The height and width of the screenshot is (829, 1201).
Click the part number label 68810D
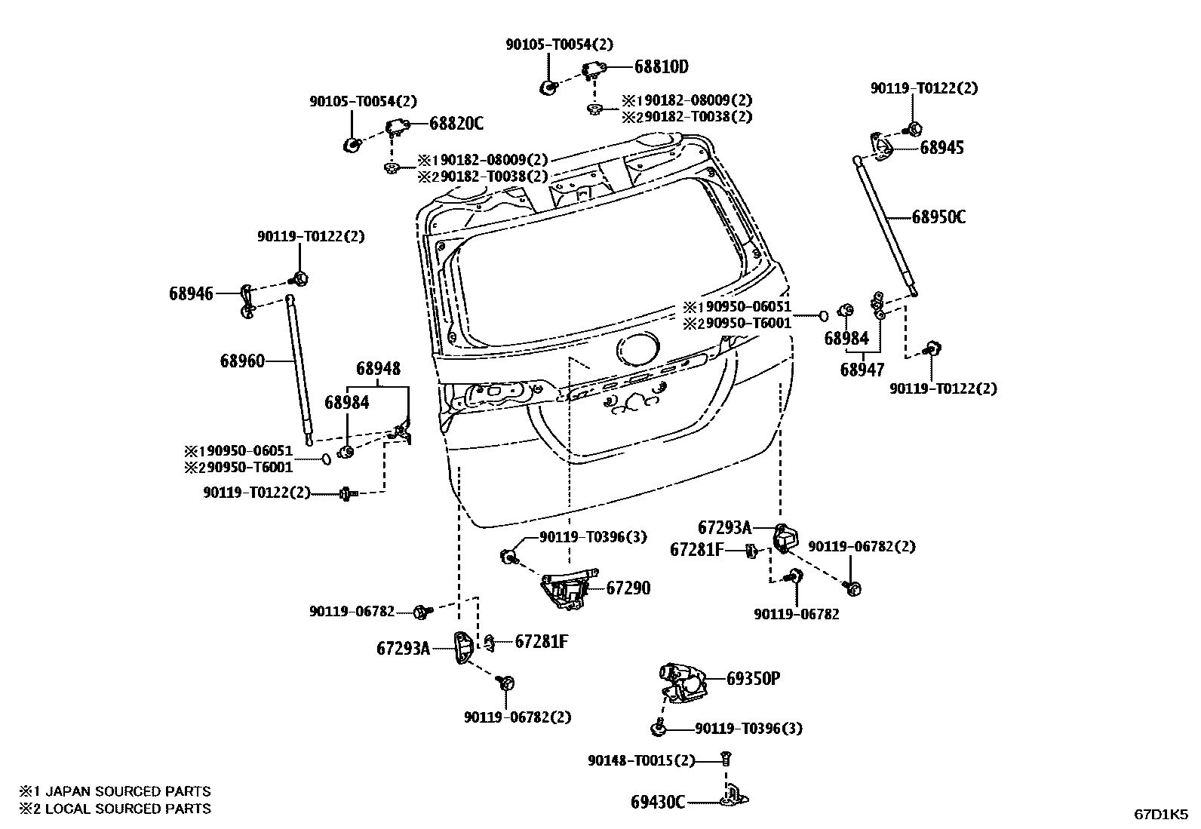tap(661, 67)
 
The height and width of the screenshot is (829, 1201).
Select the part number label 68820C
tap(456, 123)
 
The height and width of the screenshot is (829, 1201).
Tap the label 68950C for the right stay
tap(938, 217)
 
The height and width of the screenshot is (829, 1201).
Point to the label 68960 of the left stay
tap(242, 361)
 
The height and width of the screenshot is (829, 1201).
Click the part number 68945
tap(941, 147)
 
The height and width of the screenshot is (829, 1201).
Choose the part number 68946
tap(191, 293)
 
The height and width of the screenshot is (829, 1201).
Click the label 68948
tap(378, 369)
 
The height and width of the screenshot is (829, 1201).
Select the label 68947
tap(862, 370)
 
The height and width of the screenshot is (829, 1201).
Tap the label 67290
tap(628, 588)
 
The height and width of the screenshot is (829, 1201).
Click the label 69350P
tap(753, 678)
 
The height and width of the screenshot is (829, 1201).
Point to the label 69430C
tap(658, 802)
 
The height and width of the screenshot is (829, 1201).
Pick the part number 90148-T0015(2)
tap(641, 760)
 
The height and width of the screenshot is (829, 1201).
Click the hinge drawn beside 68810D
tap(594, 70)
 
